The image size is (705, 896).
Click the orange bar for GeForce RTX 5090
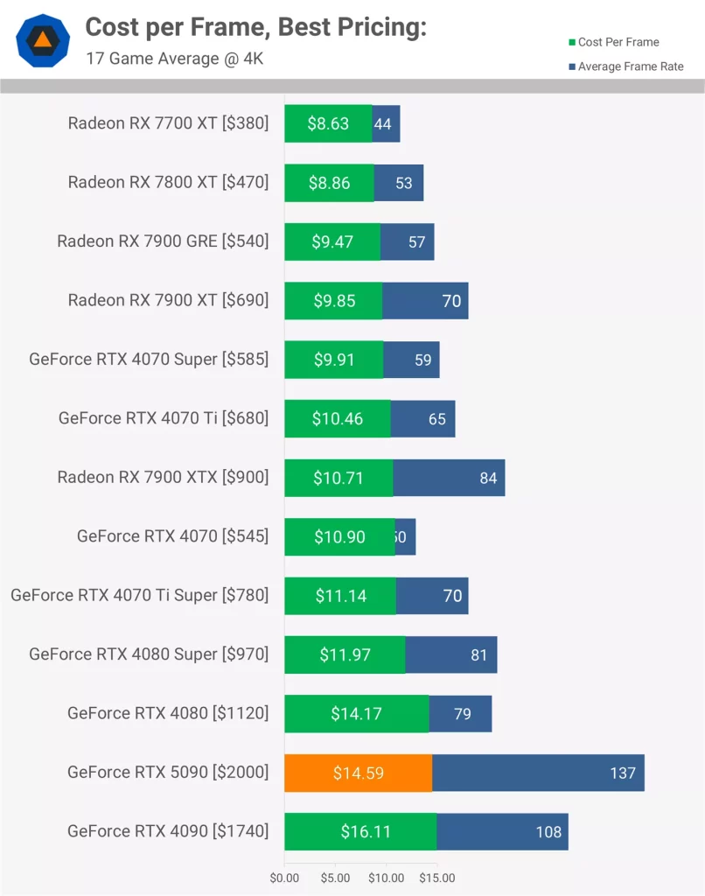pos(358,773)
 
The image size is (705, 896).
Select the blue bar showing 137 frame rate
pos(538,773)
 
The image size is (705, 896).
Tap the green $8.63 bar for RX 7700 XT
pos(328,123)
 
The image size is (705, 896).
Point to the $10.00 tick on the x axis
pos(386,878)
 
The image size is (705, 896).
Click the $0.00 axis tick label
pos(284,878)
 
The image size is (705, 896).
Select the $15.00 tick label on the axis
pos(436,878)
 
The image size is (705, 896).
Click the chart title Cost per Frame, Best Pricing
pos(255,28)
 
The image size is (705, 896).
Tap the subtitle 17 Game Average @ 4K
pos(174,59)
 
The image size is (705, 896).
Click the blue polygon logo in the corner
pos(42,40)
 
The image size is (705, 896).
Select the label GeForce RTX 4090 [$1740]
pos(168,831)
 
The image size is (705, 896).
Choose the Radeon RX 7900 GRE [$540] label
pos(163,241)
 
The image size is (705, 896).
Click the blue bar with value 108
pos(502,831)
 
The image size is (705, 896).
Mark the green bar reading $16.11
pos(360,831)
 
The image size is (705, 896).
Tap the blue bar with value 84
pos(449,478)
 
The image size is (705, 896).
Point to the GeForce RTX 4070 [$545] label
pos(172,536)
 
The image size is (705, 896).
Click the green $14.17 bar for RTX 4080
pos(356,714)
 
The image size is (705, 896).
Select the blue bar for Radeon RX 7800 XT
pos(399,183)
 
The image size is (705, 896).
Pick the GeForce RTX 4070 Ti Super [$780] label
pos(139,595)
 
